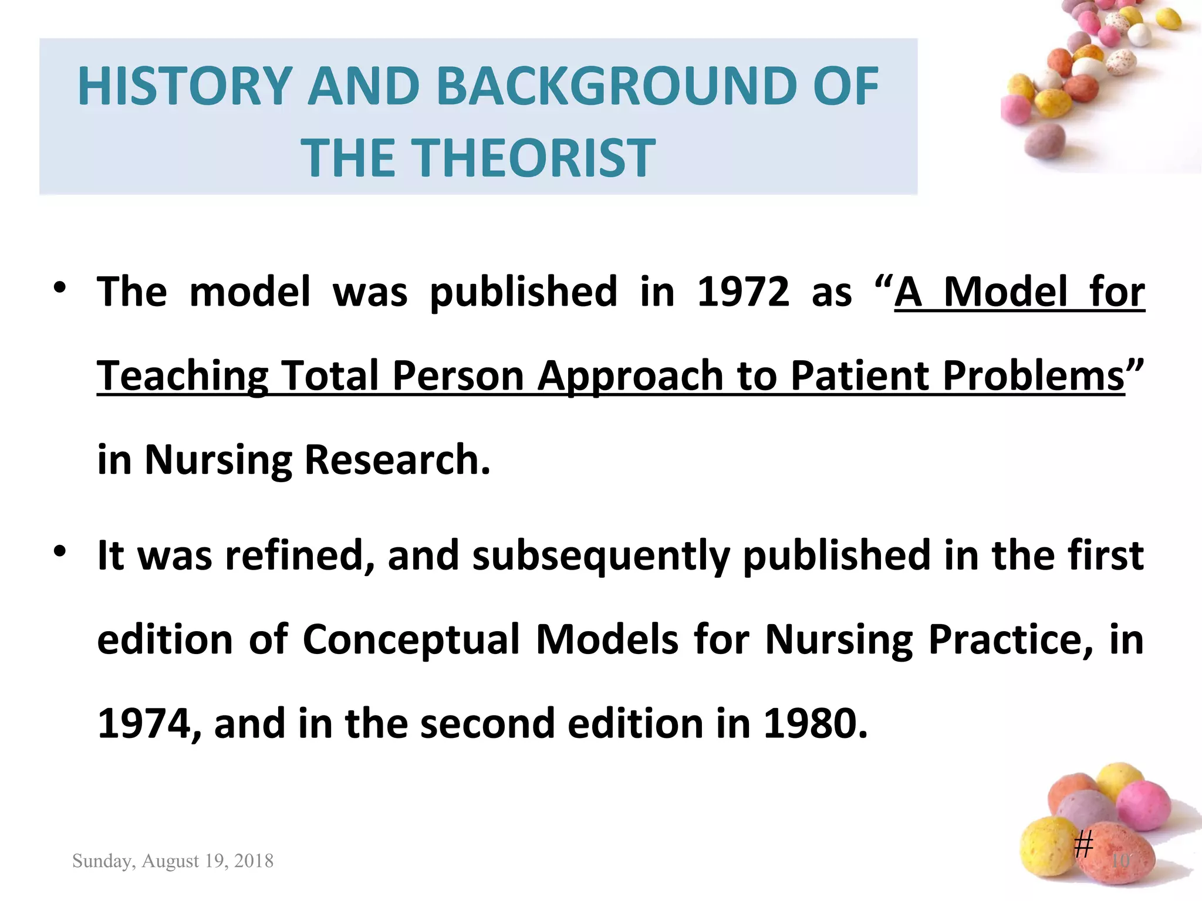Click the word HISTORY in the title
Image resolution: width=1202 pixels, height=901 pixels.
click(x=185, y=86)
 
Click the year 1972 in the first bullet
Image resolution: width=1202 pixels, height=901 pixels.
click(x=743, y=292)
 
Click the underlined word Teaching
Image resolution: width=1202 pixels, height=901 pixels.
click(x=183, y=376)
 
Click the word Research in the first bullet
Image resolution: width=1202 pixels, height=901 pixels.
click(x=397, y=460)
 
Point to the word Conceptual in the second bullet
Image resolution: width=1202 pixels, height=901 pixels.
click(x=411, y=639)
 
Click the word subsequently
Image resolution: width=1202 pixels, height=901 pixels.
click(x=600, y=555)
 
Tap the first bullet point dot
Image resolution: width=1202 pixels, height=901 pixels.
click(x=59, y=288)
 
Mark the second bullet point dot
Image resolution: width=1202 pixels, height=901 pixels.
click(x=59, y=552)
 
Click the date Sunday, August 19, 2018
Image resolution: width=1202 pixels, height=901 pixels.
click(x=173, y=861)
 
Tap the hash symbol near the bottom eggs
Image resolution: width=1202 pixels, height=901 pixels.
click(x=1083, y=845)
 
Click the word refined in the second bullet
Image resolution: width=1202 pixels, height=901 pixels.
click(x=300, y=555)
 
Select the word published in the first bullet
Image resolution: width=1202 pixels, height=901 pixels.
click(x=523, y=292)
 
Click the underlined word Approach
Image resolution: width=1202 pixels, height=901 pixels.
click(x=630, y=376)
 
